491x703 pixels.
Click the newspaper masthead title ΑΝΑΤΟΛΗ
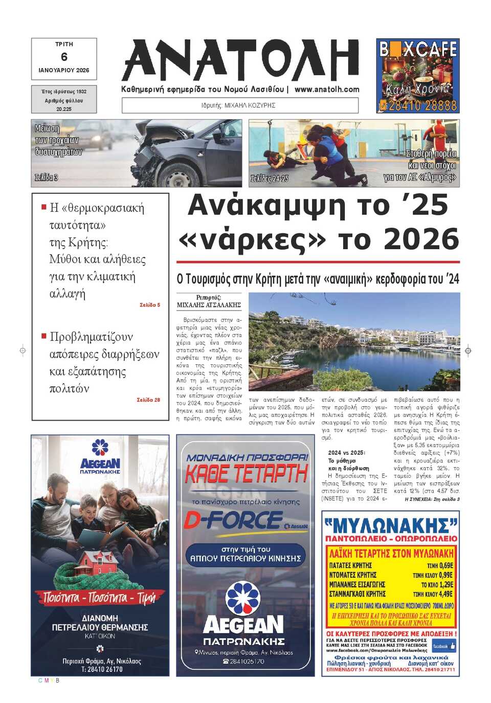tap(240, 60)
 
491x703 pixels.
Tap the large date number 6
tap(64, 57)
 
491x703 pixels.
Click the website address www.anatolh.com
tap(327, 89)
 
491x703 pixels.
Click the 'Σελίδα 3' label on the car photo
tap(46, 178)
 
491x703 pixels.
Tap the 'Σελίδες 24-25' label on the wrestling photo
tap(269, 179)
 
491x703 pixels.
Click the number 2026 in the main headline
tap(421, 239)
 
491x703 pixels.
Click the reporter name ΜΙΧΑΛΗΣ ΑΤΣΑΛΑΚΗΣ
tap(209, 305)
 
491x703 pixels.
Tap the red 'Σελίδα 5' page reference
tap(150, 305)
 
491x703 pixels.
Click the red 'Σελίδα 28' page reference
tap(148, 400)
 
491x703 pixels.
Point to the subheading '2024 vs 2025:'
tap(347, 453)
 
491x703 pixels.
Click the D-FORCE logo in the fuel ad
tap(233, 521)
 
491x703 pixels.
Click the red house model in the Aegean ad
tap(99, 563)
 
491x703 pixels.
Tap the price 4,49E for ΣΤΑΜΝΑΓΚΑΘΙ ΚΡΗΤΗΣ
tap(440, 594)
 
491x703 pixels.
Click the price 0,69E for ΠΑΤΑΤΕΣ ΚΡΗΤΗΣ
tap(440, 565)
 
